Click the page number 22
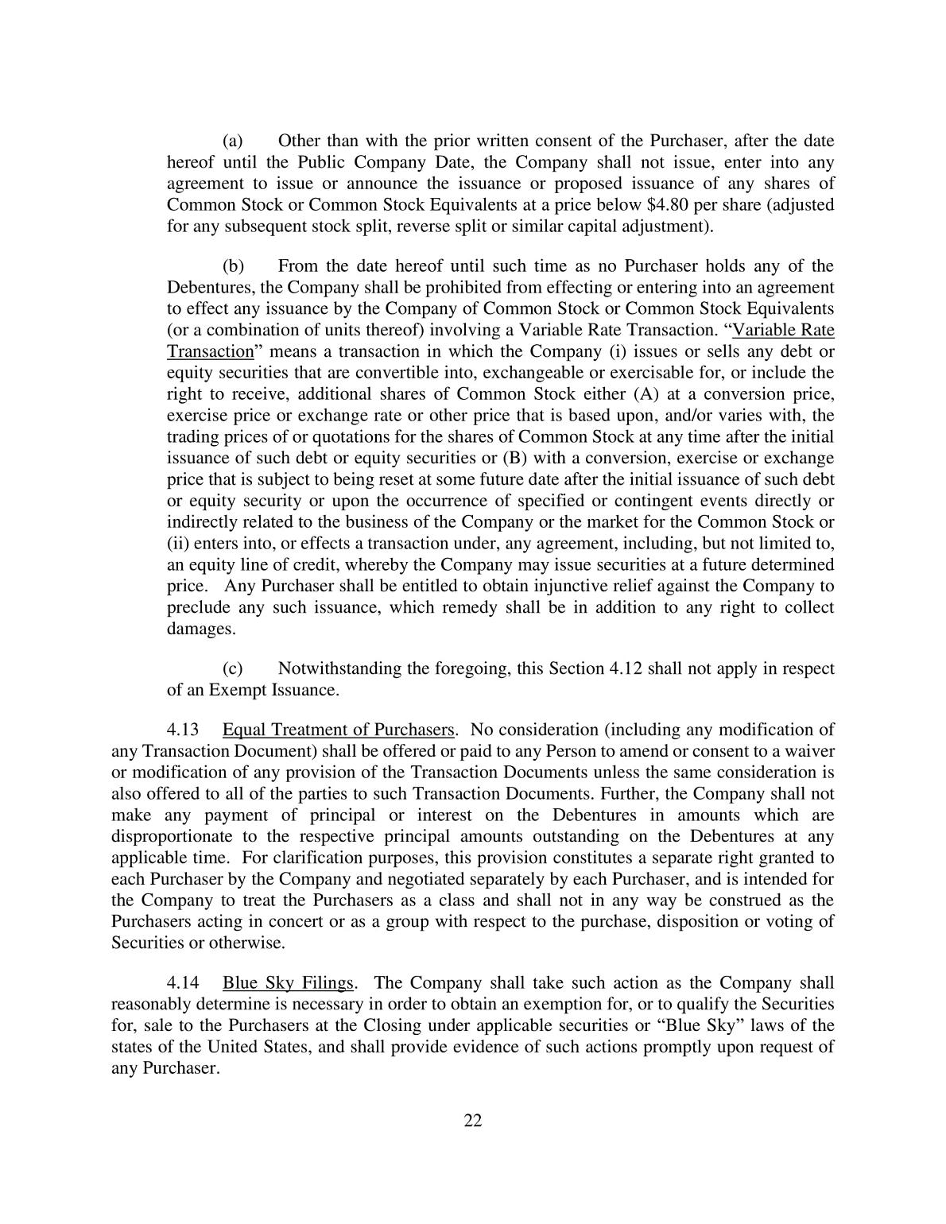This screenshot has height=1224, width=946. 473,1121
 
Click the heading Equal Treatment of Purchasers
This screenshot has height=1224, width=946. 338,730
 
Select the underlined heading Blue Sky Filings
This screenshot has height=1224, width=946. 287,983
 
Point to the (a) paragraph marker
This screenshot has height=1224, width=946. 232,141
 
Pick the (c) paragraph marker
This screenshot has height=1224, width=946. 232,668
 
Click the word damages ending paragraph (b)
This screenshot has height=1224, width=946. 200,629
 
